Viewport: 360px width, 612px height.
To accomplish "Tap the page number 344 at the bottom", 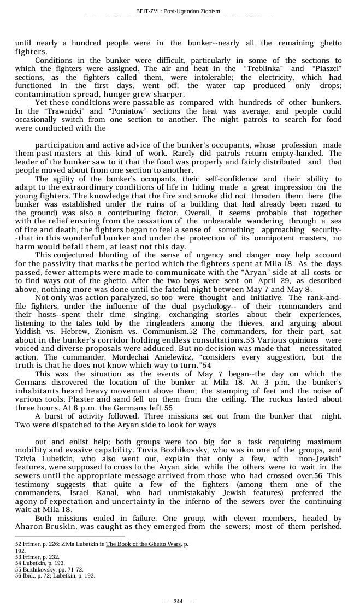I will point(178,601).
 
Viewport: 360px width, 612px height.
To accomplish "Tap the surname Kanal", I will point(109,492).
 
